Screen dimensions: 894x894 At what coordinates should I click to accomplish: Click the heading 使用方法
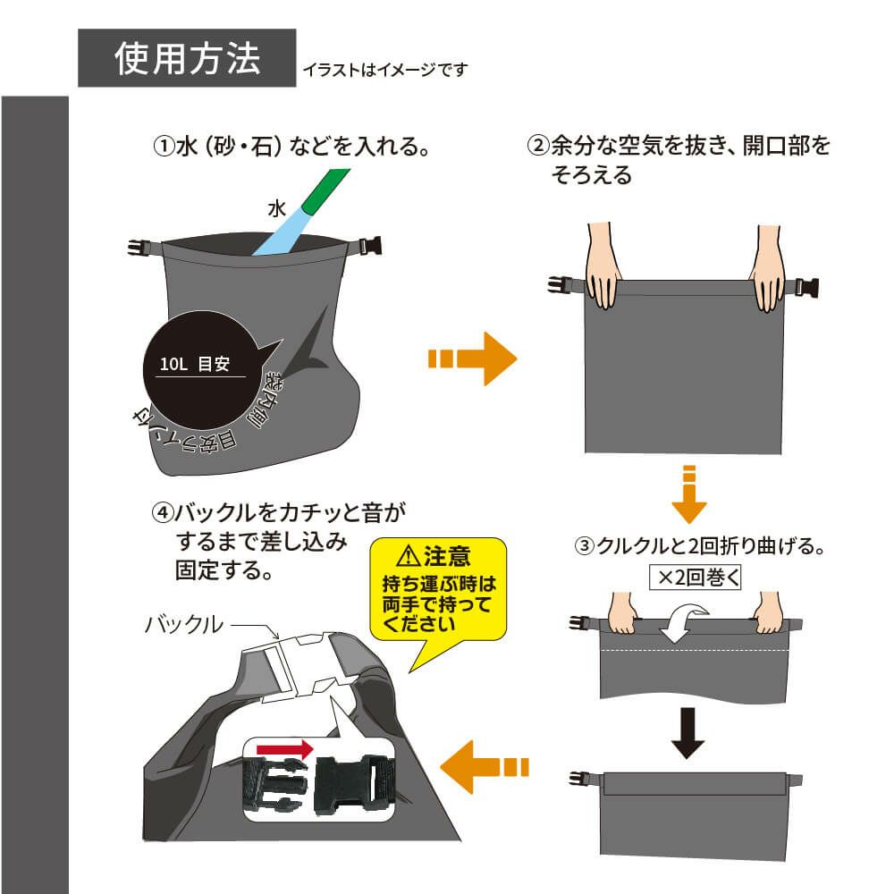click(x=187, y=58)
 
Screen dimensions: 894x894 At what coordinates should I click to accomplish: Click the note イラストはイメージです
click(x=384, y=69)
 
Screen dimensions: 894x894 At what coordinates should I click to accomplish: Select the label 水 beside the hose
click(x=275, y=209)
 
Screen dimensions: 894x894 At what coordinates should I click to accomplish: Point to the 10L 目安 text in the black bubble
click(x=195, y=365)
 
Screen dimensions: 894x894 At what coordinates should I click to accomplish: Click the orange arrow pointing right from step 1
click(x=474, y=359)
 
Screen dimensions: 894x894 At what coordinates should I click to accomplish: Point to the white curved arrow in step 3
click(x=683, y=622)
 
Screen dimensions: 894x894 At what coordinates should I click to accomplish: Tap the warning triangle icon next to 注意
click(x=408, y=557)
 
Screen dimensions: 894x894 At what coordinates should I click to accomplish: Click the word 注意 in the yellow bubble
click(x=447, y=557)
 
